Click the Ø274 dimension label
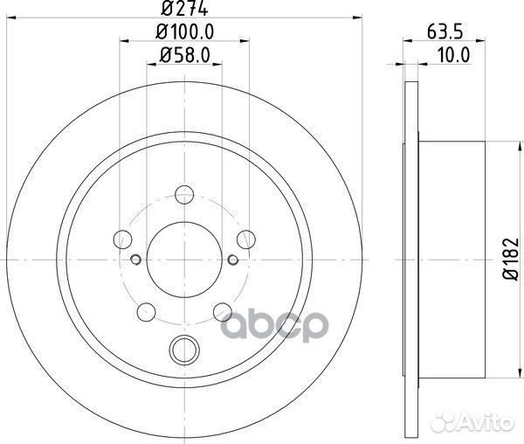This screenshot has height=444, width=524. pyautogui.click(x=184, y=10)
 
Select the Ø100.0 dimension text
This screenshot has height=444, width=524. pyautogui.click(x=184, y=32)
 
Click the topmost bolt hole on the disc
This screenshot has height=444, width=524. pyautogui.click(x=183, y=194)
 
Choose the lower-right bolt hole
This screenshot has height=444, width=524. pyautogui.click(x=223, y=309)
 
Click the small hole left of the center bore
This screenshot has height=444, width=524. pyautogui.click(x=135, y=259)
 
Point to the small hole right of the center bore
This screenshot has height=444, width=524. pyautogui.click(x=232, y=259)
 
